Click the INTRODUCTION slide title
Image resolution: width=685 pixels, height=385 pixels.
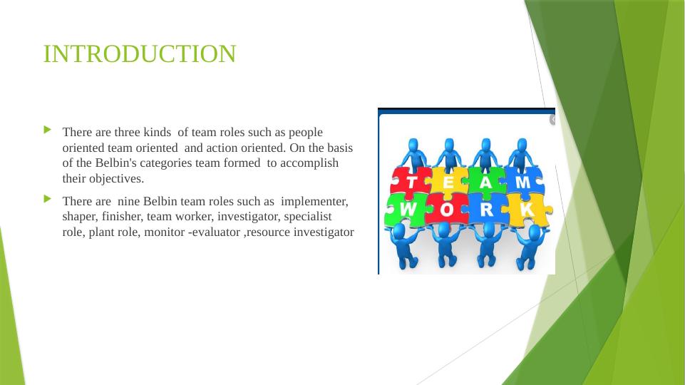tap(139, 54)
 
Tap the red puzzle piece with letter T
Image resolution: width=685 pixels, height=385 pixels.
tap(411, 183)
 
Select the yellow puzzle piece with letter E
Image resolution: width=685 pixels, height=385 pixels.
tap(448, 183)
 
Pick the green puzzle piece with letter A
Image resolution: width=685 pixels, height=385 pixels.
tap(485, 183)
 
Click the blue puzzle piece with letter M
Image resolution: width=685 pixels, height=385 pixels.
tap(522, 183)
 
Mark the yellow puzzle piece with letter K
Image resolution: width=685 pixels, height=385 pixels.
tap(526, 210)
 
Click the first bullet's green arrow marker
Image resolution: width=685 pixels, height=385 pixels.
tap(48, 130)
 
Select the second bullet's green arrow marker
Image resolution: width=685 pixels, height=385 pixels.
tap(48, 198)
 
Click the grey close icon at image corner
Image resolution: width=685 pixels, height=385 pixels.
tap(552, 120)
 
